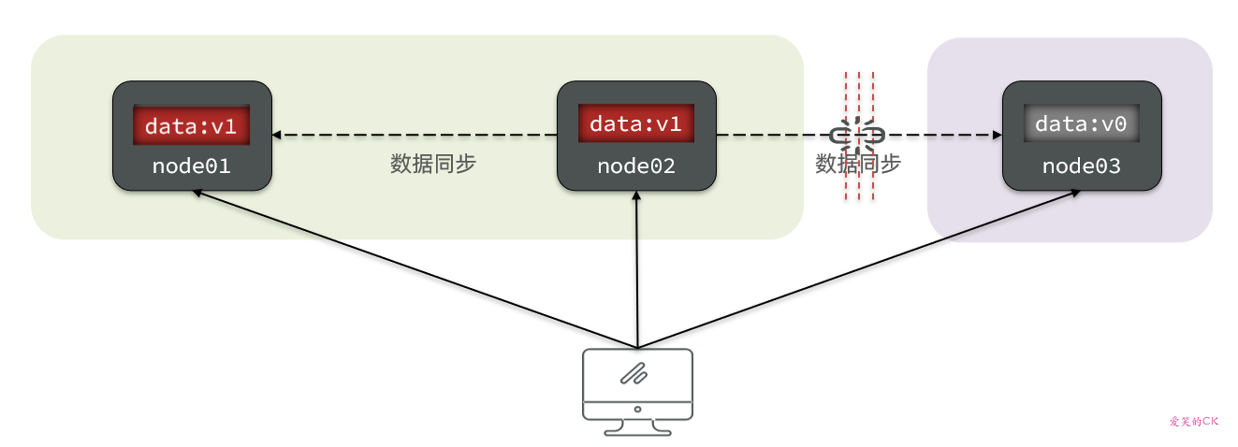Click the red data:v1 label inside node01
pos(192,125)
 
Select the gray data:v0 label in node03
pos(1082,124)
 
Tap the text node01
pos(192,166)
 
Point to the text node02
pos(636,166)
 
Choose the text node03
pos(1082,166)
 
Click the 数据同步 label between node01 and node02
pos(433,164)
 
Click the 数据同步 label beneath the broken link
pos(858,165)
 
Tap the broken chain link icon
pos(858,136)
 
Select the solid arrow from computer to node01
pos(412,267)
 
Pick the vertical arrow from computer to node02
pos(636,271)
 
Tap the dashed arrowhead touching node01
pos(279,136)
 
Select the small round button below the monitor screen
pos(637,409)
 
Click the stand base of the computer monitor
pos(637,431)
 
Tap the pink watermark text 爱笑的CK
pos(1194,422)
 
